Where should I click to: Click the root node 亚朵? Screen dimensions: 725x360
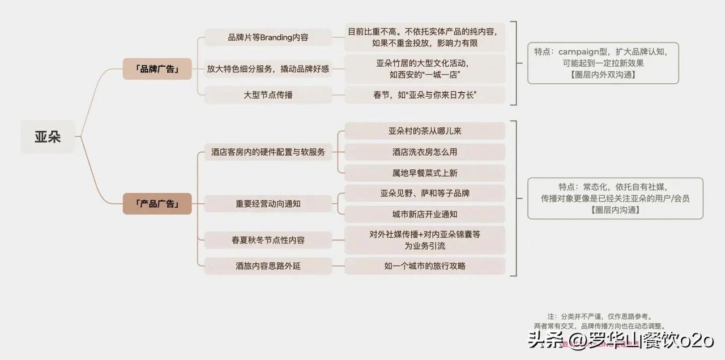[x=48, y=136]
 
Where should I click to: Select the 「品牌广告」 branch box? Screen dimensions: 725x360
[x=157, y=69]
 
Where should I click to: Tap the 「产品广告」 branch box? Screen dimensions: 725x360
[x=157, y=204]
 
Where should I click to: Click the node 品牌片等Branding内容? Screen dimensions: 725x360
[x=268, y=38]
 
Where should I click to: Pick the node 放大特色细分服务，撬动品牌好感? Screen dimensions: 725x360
[x=268, y=69]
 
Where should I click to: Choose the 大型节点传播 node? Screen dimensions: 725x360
[x=268, y=95]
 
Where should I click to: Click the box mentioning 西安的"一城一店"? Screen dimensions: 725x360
[x=424, y=69]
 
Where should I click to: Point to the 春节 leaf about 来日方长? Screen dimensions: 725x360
[x=424, y=95]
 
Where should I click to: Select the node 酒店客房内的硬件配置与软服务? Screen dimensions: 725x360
[x=268, y=152]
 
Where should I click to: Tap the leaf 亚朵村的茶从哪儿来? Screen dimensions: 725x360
[x=424, y=131]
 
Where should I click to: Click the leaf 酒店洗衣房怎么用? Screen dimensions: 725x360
[x=424, y=152]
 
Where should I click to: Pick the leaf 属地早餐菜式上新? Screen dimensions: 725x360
[x=424, y=173]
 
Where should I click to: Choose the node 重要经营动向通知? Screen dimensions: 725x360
[x=268, y=204]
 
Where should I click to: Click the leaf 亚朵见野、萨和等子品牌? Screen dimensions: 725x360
[x=424, y=194]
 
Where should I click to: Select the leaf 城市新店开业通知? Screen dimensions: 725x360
[x=424, y=214]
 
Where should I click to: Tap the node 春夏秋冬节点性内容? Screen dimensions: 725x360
[x=268, y=240]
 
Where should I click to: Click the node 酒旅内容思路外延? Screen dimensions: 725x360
[x=268, y=265]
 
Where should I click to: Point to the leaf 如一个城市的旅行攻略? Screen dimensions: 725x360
[x=424, y=265]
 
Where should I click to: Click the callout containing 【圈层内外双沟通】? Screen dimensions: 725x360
[x=603, y=63]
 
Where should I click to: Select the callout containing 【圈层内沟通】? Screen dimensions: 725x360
[x=615, y=198]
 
